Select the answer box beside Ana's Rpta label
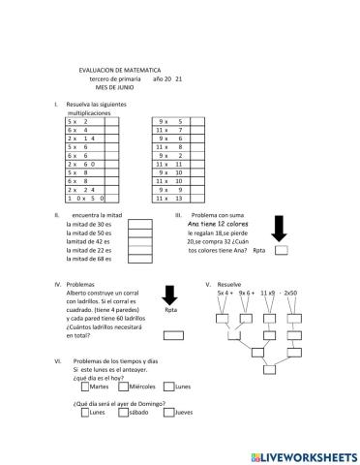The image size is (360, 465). coord(281,250)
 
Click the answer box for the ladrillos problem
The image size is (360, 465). coord(173,335)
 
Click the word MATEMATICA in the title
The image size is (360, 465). coord(143,70)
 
